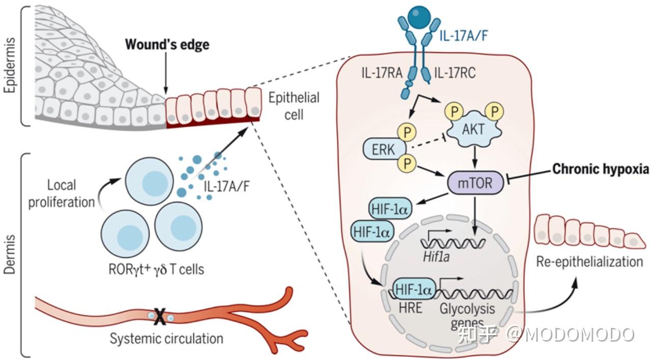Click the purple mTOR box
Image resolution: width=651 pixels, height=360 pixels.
475,183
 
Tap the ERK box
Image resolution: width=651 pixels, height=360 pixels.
384,149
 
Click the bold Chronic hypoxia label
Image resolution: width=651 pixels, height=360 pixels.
601,169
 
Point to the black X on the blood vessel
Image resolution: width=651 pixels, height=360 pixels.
160,316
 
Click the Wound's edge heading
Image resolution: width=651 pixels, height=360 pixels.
167,45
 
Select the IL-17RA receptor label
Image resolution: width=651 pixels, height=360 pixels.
382,73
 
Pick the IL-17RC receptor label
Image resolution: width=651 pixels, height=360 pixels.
455,73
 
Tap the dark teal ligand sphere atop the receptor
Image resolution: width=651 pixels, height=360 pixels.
419,16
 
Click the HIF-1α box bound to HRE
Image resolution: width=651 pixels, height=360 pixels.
414,289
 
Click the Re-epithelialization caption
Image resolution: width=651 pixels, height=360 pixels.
589,262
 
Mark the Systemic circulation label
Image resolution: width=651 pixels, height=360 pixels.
166,339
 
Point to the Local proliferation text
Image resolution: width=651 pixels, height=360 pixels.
62,194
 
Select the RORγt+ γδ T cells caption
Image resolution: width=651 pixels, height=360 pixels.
156,269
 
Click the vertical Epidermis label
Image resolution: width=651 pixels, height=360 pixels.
9,65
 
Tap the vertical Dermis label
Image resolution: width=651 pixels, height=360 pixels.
9,255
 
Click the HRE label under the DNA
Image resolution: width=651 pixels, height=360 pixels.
410,308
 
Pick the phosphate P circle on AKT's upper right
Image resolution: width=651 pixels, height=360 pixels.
494,111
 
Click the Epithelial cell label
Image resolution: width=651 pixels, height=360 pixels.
294,106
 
